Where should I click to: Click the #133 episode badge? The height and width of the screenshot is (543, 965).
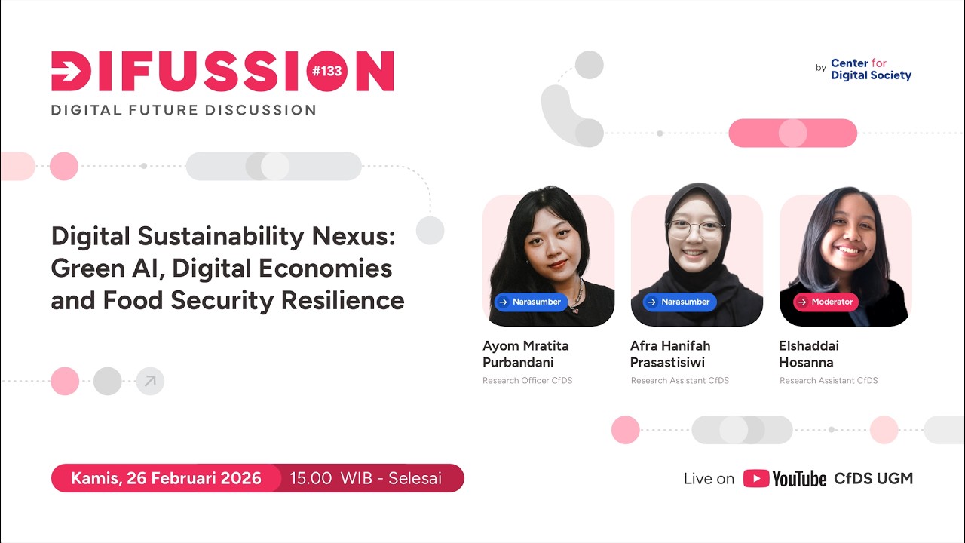(x=326, y=71)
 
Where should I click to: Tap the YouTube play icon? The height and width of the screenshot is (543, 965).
(x=756, y=479)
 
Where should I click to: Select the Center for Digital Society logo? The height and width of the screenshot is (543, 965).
(x=871, y=69)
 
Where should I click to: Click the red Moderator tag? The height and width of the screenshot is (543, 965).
(x=826, y=302)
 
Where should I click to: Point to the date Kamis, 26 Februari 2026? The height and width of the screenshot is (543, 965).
(x=166, y=478)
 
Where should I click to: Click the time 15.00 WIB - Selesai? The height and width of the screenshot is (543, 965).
(x=366, y=478)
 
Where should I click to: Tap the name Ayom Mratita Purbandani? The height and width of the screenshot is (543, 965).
(x=525, y=354)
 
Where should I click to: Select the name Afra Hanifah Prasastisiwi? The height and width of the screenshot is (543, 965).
(x=670, y=354)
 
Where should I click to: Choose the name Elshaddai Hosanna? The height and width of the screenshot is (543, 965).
(x=809, y=354)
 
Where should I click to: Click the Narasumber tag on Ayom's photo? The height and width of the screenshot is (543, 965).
(x=529, y=302)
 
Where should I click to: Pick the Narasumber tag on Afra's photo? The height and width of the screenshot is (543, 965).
(x=678, y=302)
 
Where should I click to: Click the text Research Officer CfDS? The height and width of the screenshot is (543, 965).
(x=527, y=381)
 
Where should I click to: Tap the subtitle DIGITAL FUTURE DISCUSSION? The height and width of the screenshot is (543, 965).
(x=183, y=110)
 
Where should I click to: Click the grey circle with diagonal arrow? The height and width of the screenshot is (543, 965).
(x=150, y=382)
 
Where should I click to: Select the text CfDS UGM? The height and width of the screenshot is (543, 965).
(x=873, y=479)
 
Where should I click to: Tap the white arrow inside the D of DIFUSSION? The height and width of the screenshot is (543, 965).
(x=70, y=72)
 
